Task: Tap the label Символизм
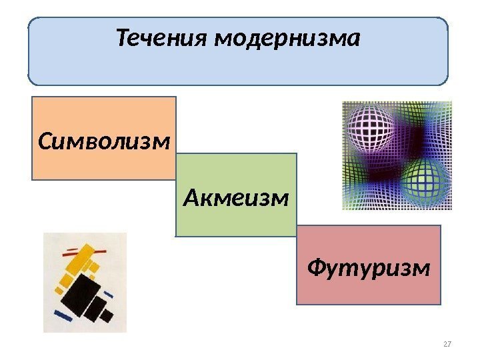104,141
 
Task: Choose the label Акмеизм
236,197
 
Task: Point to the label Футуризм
369,268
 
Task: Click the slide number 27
447,344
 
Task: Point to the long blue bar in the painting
62,314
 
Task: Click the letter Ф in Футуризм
316,268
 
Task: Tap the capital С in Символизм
45,141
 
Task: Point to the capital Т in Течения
123,39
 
